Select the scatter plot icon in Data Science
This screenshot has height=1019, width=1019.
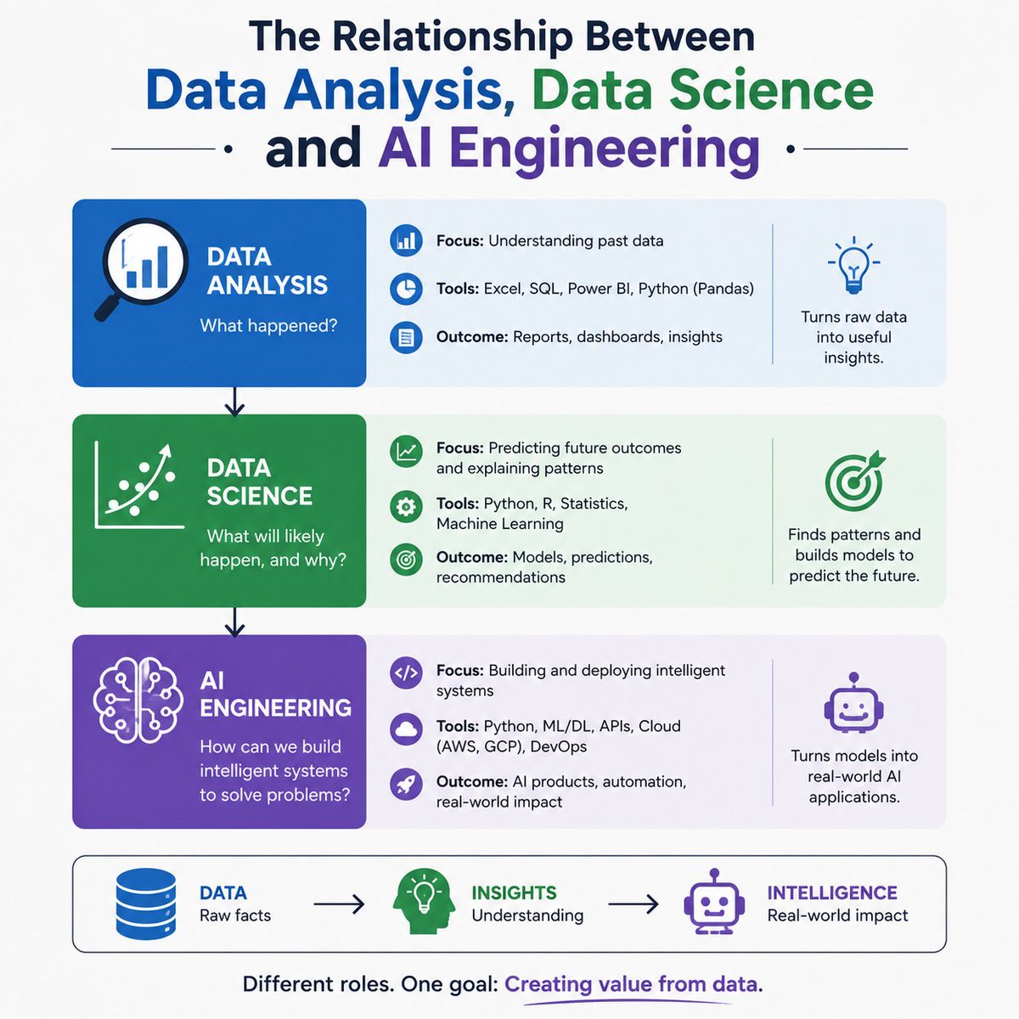pos(139,485)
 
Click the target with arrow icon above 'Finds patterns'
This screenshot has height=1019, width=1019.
pos(854,480)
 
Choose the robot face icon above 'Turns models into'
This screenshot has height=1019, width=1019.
pos(853,703)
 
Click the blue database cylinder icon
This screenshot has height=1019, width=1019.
pos(145,904)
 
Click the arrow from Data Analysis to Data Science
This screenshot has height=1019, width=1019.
pos(234,402)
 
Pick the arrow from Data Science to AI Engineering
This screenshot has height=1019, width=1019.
pos(234,622)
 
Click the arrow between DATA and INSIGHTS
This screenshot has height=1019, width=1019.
pos(339,904)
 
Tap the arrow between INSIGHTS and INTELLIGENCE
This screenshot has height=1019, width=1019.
pos(633,904)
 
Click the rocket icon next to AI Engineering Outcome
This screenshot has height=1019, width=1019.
pos(406,784)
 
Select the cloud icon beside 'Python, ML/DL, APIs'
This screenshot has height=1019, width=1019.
pos(406,729)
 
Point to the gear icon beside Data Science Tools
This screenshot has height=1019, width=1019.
pos(406,507)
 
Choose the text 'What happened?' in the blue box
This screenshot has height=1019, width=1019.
pos(268,325)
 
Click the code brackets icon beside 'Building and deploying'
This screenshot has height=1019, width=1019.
pos(406,673)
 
